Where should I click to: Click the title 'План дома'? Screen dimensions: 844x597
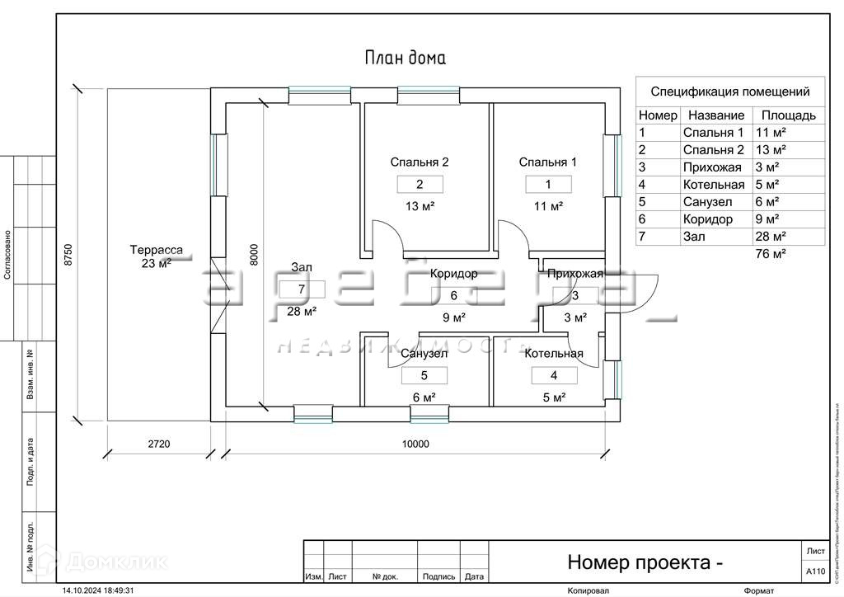[405, 58]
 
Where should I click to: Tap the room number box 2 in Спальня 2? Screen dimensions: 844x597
[420, 185]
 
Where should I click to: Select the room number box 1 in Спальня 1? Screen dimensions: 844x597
[547, 185]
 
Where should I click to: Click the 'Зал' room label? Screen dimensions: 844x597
[302, 267]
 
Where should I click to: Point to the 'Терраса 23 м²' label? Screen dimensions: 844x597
[156, 256]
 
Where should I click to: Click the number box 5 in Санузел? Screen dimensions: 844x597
[424, 375]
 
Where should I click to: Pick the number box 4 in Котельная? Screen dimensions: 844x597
[553, 375]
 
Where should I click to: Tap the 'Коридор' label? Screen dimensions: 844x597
[453, 274]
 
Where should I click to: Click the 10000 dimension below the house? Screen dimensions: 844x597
[415, 444]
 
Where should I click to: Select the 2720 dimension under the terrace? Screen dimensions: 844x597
[159, 444]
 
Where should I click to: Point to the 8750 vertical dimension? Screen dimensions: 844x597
[69, 253]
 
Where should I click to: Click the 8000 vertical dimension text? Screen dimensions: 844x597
[254, 253]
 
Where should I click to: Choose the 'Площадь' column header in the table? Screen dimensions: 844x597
[788, 115]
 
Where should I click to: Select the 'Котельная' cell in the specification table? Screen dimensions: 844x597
[713, 185]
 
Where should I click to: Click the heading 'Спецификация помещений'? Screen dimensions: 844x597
[730, 92]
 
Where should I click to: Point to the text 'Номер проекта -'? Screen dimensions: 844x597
[645, 563]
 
